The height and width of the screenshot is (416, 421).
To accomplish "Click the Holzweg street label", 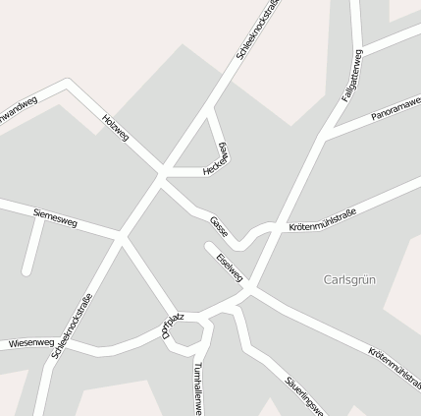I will click(x=115, y=127).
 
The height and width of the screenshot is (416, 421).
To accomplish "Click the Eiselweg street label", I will click(x=229, y=261).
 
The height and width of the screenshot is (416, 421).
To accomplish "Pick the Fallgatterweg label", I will click(x=352, y=76).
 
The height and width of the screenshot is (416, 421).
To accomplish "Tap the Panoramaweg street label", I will click(x=396, y=109).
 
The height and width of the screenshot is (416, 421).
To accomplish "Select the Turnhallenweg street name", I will click(x=198, y=386).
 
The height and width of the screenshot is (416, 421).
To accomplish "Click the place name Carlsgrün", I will click(x=349, y=279).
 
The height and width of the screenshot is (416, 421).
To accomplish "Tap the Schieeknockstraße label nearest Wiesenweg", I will click(x=74, y=324).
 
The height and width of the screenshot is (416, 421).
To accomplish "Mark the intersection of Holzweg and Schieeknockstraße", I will click(x=162, y=174).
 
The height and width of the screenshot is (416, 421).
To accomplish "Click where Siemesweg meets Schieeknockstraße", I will click(x=120, y=236).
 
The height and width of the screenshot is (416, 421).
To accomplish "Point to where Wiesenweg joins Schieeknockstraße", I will click(x=54, y=349).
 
